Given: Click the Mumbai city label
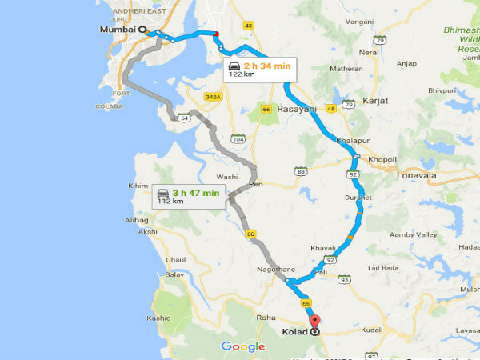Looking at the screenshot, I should (x=115, y=30).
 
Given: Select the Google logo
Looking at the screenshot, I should (x=243, y=346).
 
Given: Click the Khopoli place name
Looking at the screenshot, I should (x=382, y=160).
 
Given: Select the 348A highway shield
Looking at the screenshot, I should (x=212, y=98).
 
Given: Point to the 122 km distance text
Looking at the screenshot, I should (x=242, y=74).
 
